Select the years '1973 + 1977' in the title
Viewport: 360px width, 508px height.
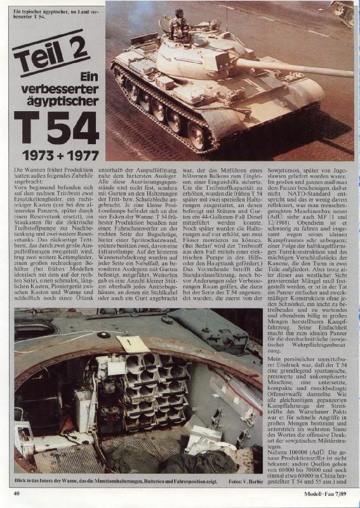pos(62,155)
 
